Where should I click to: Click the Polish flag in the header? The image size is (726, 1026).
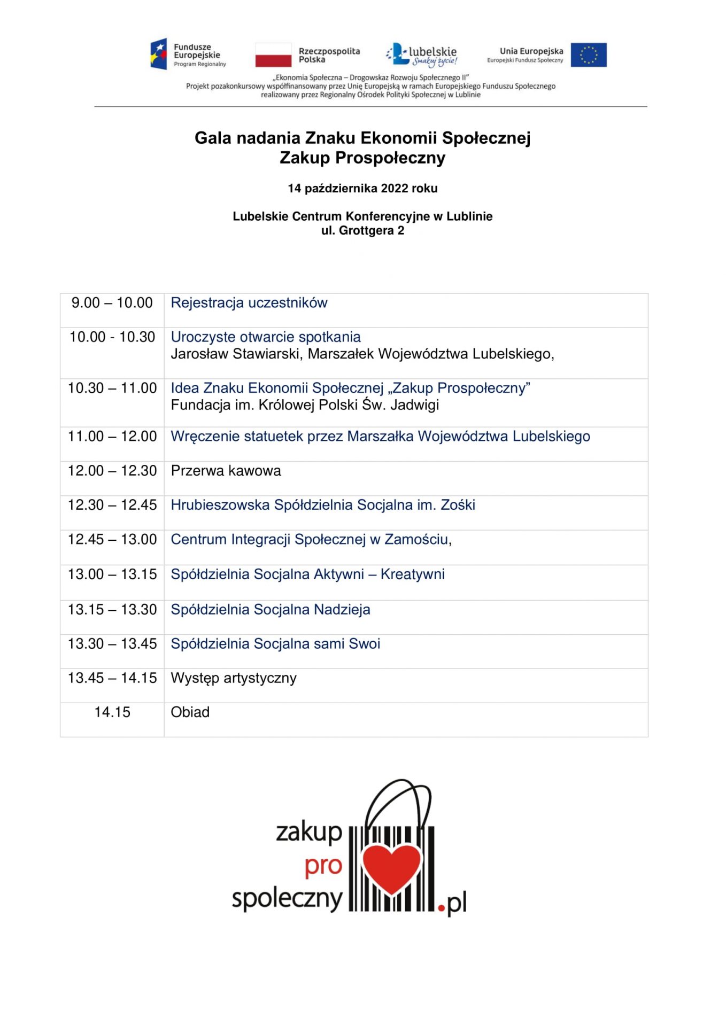pyautogui.click(x=273, y=55)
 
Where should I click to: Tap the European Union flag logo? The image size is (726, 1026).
pyautogui.click(x=588, y=55)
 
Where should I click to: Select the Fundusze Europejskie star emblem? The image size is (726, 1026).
pyautogui.click(x=159, y=54)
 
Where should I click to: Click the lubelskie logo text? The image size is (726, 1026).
pyautogui.click(x=432, y=52)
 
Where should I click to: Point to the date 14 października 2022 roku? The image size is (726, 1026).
pyautogui.click(x=362, y=188)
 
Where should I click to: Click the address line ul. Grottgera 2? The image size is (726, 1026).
pyautogui.click(x=362, y=231)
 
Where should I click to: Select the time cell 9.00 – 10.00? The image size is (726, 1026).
pyautogui.click(x=112, y=303)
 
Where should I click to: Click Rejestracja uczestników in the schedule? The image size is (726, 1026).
pyautogui.click(x=249, y=303)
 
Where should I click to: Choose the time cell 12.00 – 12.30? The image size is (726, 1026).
pyautogui.click(x=112, y=471)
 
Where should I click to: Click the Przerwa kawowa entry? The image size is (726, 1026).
pyautogui.click(x=226, y=471)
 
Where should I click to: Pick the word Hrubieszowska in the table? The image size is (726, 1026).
pyautogui.click(x=220, y=505)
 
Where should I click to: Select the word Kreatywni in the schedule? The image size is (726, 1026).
pyautogui.click(x=412, y=574)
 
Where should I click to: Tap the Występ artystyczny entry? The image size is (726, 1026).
pyautogui.click(x=233, y=678)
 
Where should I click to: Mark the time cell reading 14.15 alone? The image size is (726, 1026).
pyautogui.click(x=112, y=712)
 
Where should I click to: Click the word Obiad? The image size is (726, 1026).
pyautogui.click(x=190, y=712)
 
